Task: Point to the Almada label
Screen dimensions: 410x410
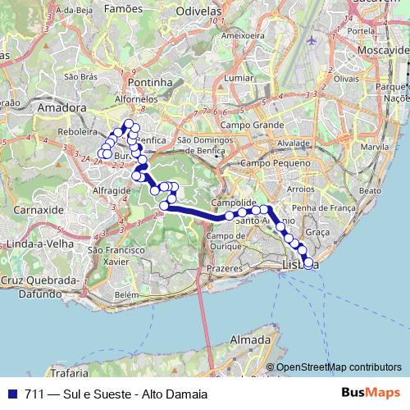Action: point(251,339)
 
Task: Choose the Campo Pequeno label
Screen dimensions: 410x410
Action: point(260,164)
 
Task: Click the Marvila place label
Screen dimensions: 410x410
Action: point(379,147)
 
